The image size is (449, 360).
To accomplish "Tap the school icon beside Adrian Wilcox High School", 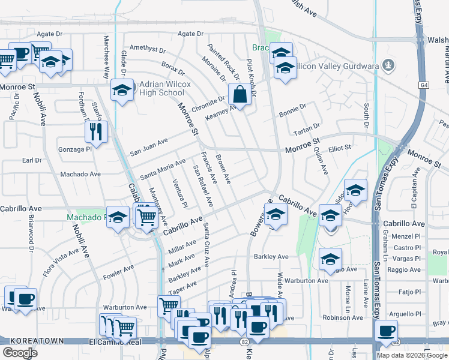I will coord(122,91).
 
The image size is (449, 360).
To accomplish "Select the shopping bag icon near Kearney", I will coord(240,94).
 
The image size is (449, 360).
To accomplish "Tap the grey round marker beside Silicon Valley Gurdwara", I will coord(389,64).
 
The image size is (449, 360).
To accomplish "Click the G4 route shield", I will coord(425,86).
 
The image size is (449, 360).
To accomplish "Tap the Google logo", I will coord(20,352).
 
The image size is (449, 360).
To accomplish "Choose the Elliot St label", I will coord(339,147).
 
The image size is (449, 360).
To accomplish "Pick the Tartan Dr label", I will coord(306,133).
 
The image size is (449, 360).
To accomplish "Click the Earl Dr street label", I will coord(32,160).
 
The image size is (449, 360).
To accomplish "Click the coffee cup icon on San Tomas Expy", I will coord(385,330).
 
